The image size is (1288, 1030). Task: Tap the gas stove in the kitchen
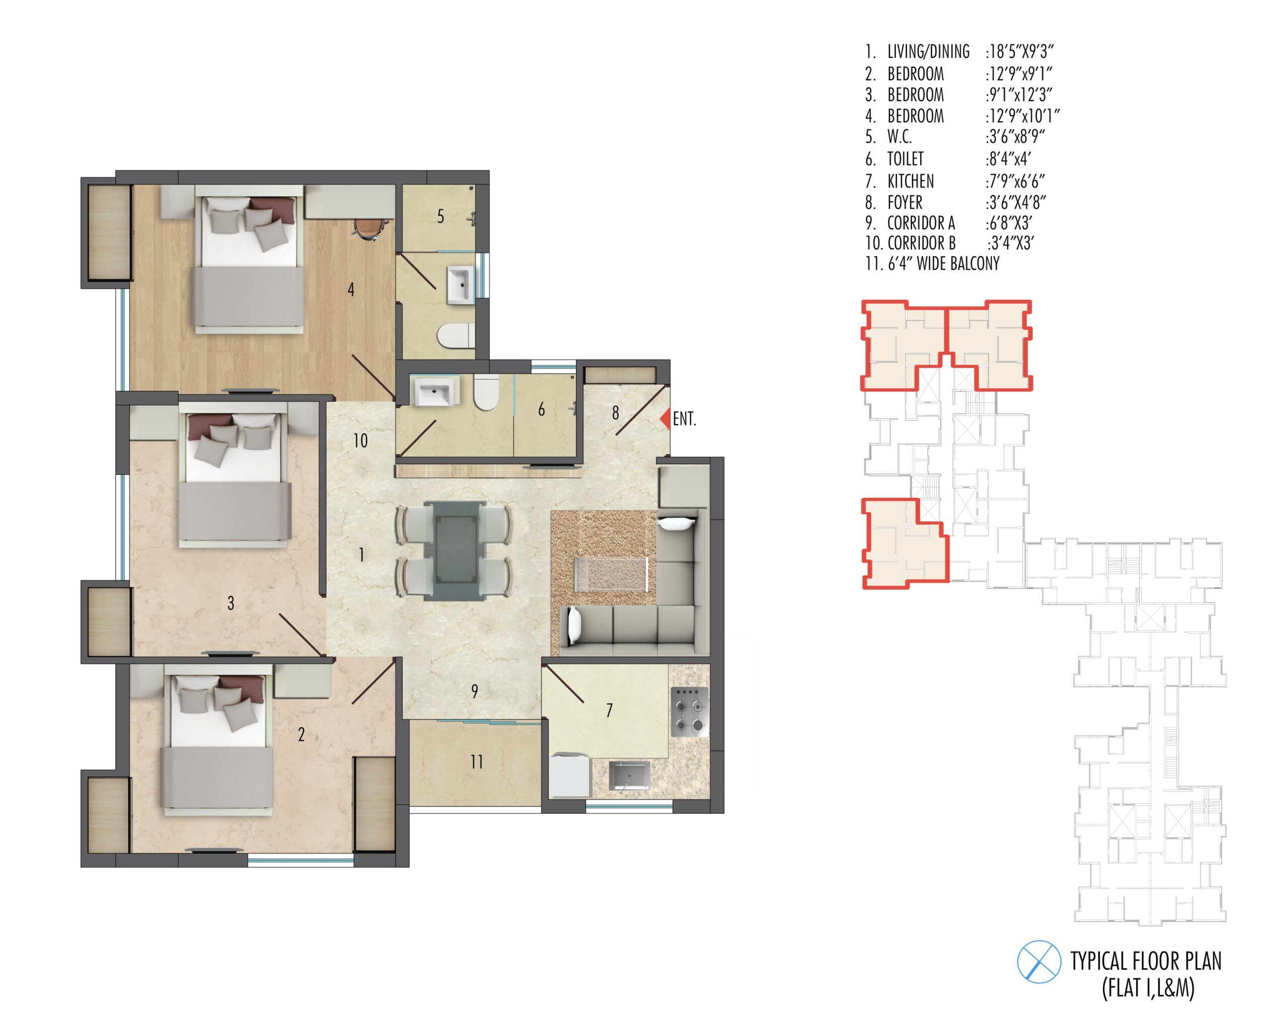pyautogui.click(x=690, y=711)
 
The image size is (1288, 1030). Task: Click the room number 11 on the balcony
pyautogui.click(x=476, y=762)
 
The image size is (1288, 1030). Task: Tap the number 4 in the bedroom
pyautogui.click(x=351, y=290)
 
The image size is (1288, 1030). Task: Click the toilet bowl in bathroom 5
pyautogui.click(x=456, y=335)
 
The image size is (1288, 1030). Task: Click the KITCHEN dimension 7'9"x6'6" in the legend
pyautogui.click(x=1016, y=181)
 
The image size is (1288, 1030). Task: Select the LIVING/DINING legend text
pyautogui.click(x=928, y=52)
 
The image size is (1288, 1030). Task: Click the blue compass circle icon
pyautogui.click(x=1039, y=961)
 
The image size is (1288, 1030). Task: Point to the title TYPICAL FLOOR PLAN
pyautogui.click(x=1146, y=961)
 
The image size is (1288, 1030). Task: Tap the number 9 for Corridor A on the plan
pyautogui.click(x=474, y=692)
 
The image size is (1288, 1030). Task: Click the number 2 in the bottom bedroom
pyautogui.click(x=301, y=734)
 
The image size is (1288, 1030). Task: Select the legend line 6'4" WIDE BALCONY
pyautogui.click(x=932, y=264)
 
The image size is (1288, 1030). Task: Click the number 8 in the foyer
pyautogui.click(x=615, y=412)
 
